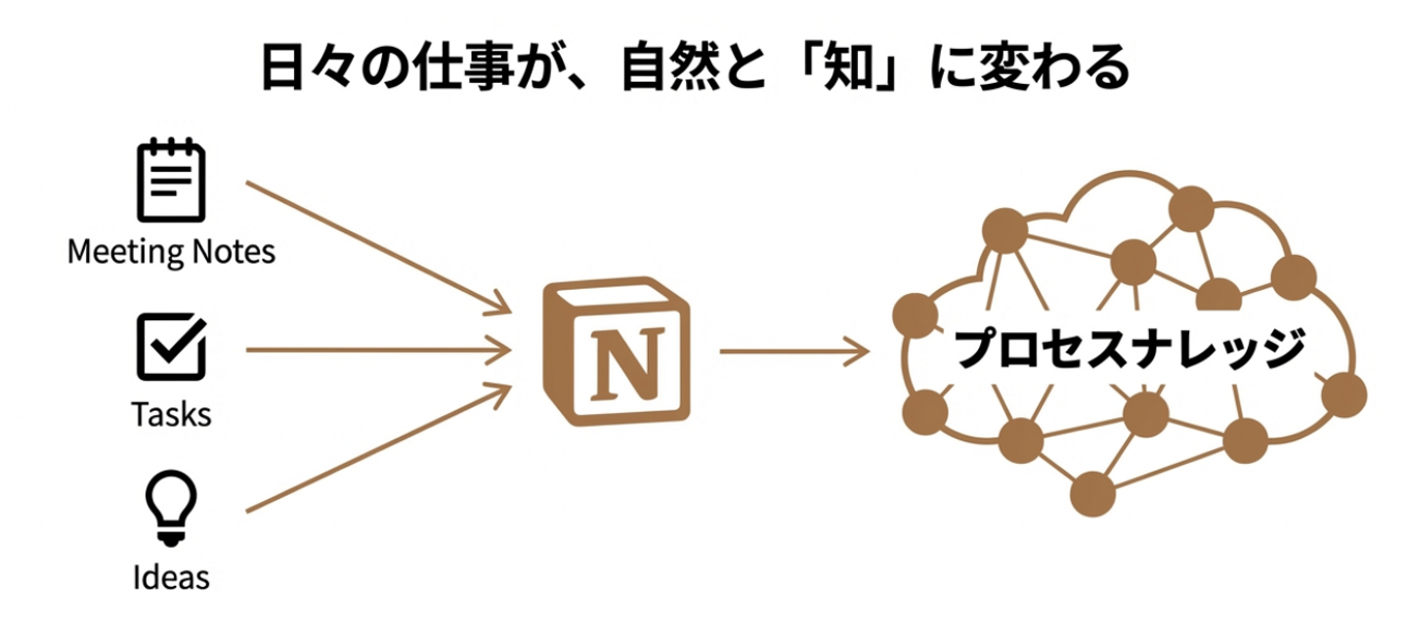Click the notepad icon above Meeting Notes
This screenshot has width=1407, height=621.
171,181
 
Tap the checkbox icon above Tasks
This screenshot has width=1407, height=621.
172,347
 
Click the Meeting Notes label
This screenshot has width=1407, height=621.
171,252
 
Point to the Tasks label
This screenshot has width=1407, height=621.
171,414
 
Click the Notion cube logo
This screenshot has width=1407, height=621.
617,352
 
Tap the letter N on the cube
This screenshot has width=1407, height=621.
628,364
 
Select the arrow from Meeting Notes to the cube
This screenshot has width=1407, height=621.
379,247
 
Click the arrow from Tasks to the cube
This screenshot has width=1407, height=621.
379,350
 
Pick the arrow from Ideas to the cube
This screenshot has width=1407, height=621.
379,448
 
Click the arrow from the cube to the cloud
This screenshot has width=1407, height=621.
794,351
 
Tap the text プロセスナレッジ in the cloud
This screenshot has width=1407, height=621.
1130,348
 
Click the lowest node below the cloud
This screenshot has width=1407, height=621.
1093,494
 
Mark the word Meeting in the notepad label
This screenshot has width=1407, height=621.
125,252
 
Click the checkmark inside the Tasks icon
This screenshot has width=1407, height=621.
178,342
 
